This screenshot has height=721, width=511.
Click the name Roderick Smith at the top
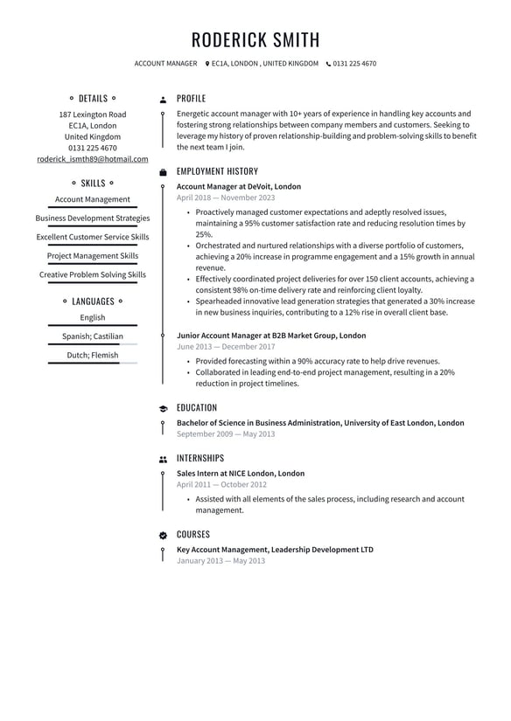coord(255,40)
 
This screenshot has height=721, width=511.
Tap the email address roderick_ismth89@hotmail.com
coord(92,159)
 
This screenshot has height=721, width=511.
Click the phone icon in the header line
coord(328,64)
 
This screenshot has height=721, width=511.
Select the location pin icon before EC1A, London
coord(207,64)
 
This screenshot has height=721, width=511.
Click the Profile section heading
coord(191,99)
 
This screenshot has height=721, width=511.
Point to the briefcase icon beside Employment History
coord(163,172)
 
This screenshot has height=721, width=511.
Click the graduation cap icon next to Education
coord(163,408)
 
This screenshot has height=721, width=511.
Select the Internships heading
coord(199,458)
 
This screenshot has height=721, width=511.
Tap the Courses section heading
coord(192,534)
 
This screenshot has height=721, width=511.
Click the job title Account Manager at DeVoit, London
coord(238,186)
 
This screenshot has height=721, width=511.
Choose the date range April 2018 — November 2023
coord(225,198)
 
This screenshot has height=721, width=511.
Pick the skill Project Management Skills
coord(92,256)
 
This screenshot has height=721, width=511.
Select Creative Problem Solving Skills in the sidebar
coord(92,274)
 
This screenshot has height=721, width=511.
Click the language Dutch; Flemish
coord(92,355)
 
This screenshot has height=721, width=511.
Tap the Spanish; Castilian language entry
coord(92,336)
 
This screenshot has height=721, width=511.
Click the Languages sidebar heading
coord(92,302)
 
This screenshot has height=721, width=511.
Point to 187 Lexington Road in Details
coord(92,114)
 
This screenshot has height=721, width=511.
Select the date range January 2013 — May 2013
coord(220,560)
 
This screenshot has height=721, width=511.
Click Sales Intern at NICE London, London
coord(241,474)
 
